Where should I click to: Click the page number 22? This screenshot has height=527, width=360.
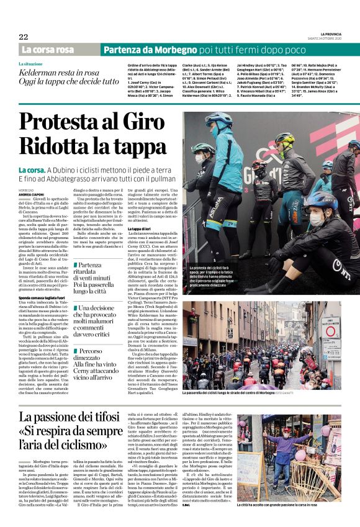pos(23,37)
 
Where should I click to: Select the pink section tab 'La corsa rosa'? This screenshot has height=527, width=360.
pos(48,50)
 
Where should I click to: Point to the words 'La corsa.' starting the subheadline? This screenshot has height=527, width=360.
pos(32,169)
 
